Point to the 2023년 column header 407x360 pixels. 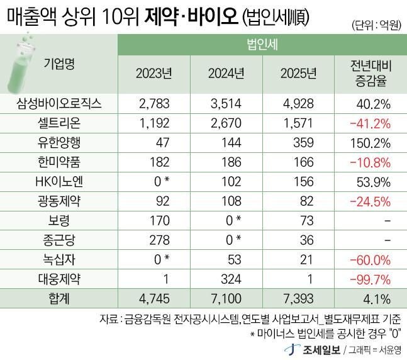(154, 74)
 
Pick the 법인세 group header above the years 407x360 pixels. (263, 45)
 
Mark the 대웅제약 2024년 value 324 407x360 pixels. (225, 279)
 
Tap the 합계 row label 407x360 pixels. (60, 298)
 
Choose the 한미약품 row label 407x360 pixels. (60, 162)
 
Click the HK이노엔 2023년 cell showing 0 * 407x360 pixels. (157, 182)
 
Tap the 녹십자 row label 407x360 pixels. (60, 259)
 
